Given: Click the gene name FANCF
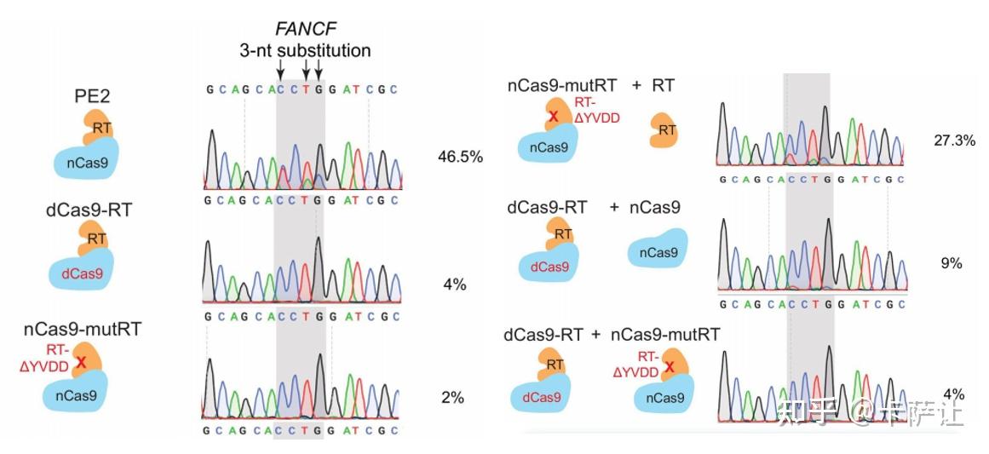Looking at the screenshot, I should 304,31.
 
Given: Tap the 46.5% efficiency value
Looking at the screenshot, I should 460,157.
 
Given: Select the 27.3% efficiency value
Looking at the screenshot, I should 954,141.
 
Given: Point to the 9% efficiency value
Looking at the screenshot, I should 951,263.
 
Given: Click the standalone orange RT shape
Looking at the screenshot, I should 666,130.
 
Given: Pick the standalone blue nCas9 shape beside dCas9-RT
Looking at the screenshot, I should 658,251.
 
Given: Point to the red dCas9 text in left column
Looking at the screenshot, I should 83,274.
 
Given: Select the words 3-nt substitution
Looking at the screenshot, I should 304,50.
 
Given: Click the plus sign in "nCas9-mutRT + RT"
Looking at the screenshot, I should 636,85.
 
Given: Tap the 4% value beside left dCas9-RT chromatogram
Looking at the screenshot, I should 454,284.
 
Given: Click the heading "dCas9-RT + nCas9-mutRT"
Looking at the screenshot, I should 612,335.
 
